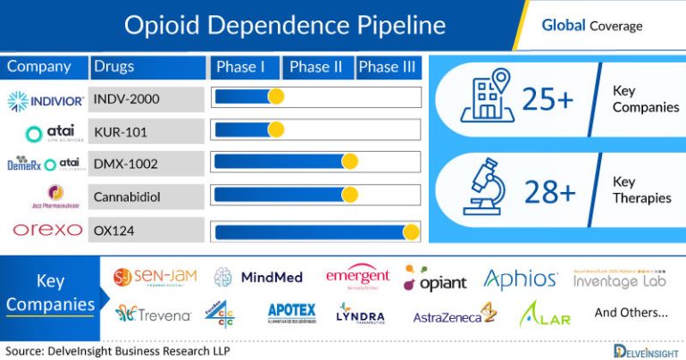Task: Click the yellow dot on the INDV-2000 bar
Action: coord(276,97)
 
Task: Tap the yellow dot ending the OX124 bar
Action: coord(411,232)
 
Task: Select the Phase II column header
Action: coord(316,67)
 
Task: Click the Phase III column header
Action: coord(388,67)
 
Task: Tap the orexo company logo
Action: coord(46,230)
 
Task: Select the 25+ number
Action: coord(548,100)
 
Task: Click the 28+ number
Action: coord(548,189)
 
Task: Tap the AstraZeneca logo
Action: coord(454,315)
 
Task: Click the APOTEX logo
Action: coord(291,313)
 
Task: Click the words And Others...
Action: coord(631,314)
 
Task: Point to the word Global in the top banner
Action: coord(563,25)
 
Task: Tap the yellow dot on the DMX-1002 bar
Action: coord(349,162)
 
